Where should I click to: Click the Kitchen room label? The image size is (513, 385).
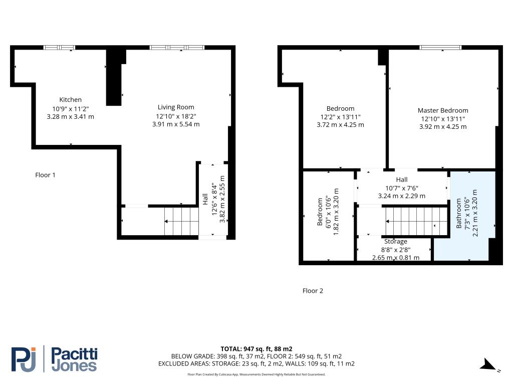click(70, 100)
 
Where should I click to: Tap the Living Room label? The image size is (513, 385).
click(176, 107)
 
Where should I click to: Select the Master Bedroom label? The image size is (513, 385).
click(443, 110)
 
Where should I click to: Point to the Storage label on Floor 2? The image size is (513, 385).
click(396, 242)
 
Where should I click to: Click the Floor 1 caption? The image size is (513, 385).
click(46, 175)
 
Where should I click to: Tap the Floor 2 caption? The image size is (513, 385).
click(313, 291)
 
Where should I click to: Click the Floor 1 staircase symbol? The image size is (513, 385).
click(182, 221)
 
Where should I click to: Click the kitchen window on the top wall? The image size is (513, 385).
click(59, 48)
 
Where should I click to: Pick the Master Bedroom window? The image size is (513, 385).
click(440, 48)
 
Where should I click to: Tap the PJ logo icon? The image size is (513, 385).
click(25, 359)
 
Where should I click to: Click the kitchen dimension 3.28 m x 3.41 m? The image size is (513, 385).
click(70, 117)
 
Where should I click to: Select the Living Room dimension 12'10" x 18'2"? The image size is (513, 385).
click(176, 116)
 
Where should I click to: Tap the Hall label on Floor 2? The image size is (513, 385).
click(402, 179)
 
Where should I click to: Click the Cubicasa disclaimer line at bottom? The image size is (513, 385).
click(256, 374)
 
